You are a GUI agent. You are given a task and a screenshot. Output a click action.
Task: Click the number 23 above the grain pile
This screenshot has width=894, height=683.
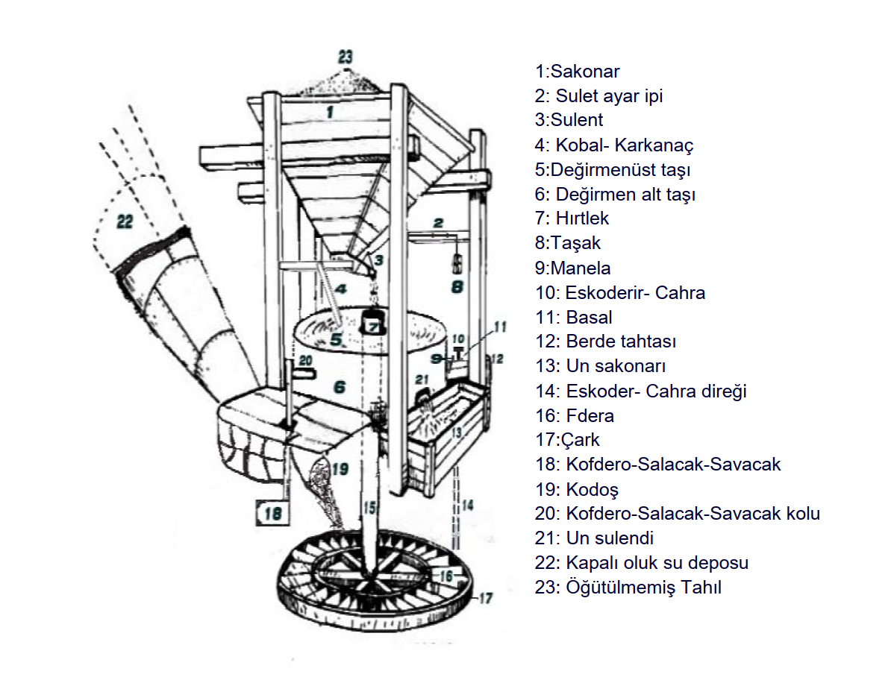344,57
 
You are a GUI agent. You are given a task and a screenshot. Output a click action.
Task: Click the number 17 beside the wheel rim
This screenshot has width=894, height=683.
486,597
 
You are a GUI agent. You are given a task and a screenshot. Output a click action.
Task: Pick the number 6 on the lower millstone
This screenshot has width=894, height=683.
340,387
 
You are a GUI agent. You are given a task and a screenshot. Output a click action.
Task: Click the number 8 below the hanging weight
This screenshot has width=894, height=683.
456,287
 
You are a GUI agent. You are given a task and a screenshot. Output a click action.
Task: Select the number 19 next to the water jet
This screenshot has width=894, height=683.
340,469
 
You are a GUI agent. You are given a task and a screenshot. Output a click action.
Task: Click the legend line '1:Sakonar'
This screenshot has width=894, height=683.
577,72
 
